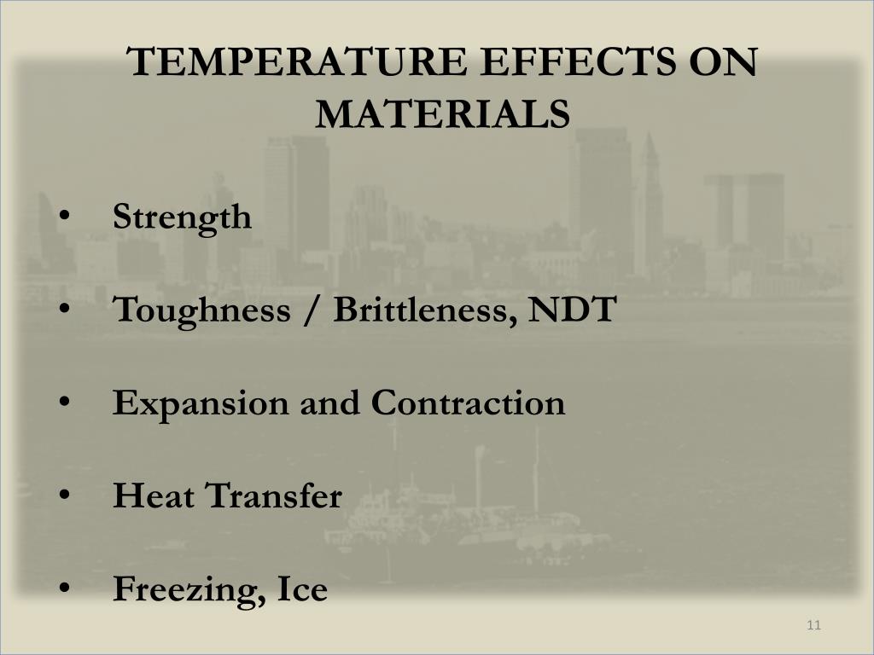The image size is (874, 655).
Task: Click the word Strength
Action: [183, 217]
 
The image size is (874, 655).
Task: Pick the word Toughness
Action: [201, 310]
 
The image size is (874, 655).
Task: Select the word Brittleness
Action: [424, 310]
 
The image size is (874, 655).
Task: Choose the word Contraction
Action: [468, 403]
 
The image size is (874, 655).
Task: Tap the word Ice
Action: [302, 588]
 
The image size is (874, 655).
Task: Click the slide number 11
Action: [813, 627]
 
